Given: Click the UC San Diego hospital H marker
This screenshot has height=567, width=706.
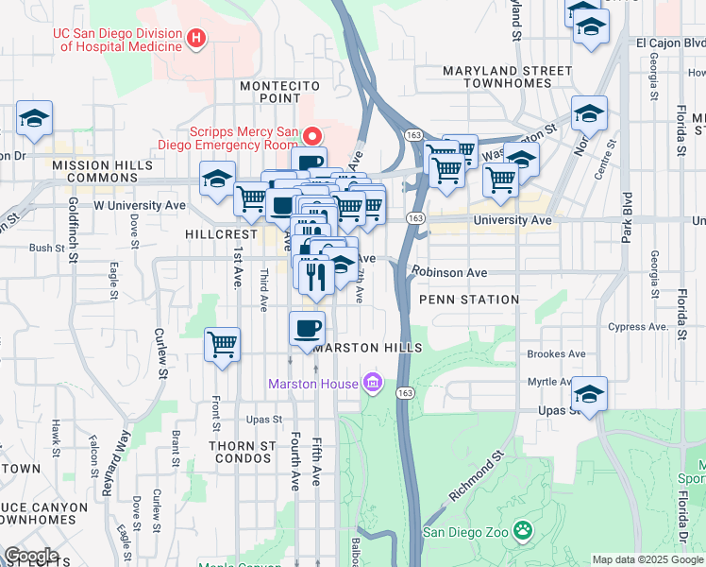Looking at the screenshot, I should [x=196, y=39].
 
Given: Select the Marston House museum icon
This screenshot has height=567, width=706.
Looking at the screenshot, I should [x=373, y=383].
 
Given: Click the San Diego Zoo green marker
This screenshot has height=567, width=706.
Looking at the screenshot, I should [x=522, y=530].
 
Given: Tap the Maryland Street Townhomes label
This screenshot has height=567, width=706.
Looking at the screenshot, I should [x=507, y=77].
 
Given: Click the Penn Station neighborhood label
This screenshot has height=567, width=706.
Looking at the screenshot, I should [x=469, y=300].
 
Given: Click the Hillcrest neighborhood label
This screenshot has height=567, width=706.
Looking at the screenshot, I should [x=221, y=233].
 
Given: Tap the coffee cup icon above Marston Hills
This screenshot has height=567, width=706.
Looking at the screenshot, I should [x=307, y=329].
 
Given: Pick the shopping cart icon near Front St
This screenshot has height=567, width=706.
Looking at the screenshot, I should [x=222, y=344].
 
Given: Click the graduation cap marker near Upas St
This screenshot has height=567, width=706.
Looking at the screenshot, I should [x=590, y=393].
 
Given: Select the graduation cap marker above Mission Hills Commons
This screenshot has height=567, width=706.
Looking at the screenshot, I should [x=34, y=118].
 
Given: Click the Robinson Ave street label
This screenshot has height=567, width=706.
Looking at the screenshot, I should [x=449, y=272].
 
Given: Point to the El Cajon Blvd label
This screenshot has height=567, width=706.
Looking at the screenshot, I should [x=670, y=43].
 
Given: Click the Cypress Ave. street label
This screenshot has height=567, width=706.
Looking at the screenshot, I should [x=638, y=327].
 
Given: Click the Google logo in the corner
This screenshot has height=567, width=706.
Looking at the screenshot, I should [x=31, y=556].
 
